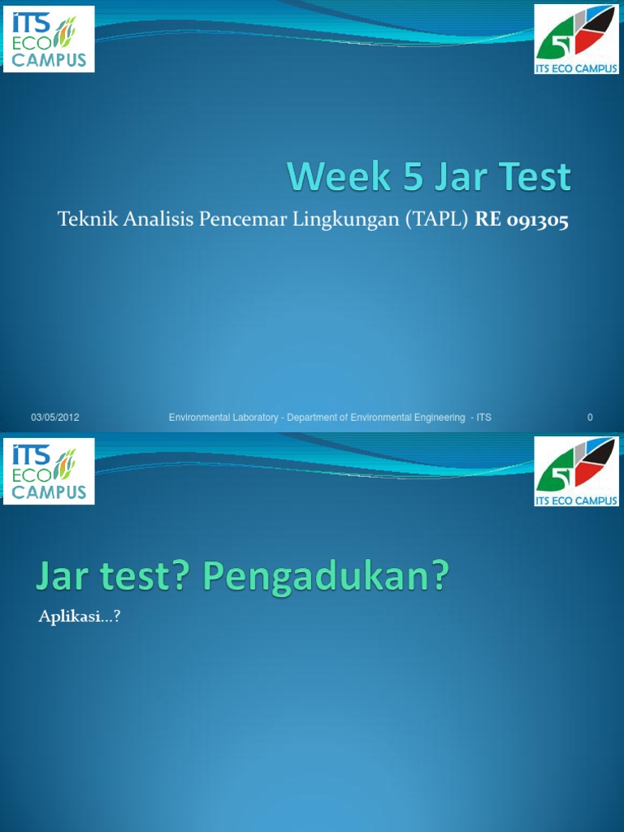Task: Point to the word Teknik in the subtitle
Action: point(81,220)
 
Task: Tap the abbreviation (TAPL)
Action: point(428,220)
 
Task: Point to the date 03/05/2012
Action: point(55,418)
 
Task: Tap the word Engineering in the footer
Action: point(438,418)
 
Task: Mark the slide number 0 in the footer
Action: point(590,418)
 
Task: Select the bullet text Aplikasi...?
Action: point(80,617)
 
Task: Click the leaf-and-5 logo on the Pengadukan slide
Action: point(576,471)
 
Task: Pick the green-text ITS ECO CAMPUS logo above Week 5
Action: point(49,38)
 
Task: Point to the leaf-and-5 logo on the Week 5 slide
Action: point(576,38)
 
